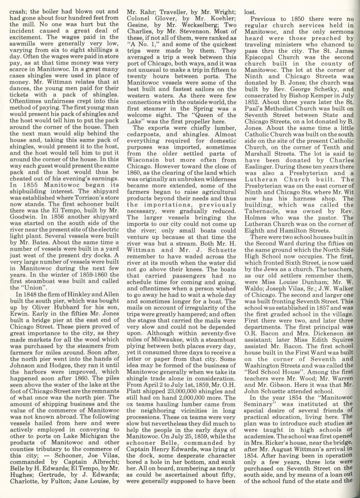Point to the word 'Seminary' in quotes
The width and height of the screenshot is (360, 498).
(260, 403)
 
